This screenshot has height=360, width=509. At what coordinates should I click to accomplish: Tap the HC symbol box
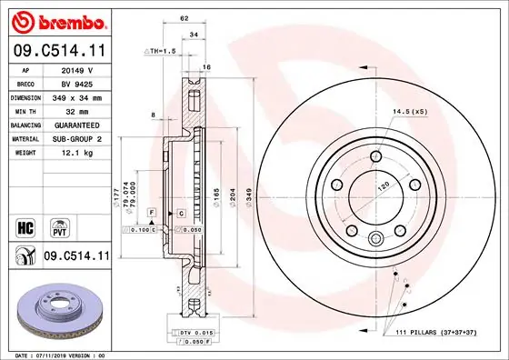[x=24, y=225]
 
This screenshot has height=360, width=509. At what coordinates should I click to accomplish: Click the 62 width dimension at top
[x=184, y=17]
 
